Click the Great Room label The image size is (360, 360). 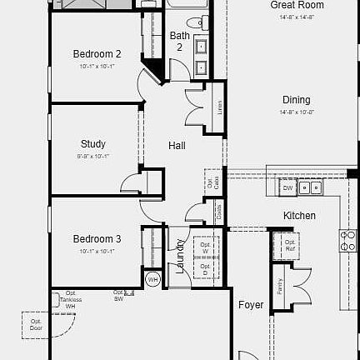click(297, 5)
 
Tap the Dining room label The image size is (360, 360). click(296, 100)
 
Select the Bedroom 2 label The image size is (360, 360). click(97, 54)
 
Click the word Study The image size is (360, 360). click(93, 143)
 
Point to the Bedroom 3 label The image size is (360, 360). click(97, 238)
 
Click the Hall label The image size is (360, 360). click(177, 146)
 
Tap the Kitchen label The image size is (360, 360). click(299, 216)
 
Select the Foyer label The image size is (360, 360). click(251, 305)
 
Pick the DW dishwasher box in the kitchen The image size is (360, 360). click(287, 188)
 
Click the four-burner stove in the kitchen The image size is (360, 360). click(347, 241)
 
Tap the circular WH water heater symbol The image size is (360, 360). click(152, 279)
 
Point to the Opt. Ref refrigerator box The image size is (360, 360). click(290, 245)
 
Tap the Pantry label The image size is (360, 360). click(280, 286)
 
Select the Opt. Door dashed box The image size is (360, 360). click(36, 323)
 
